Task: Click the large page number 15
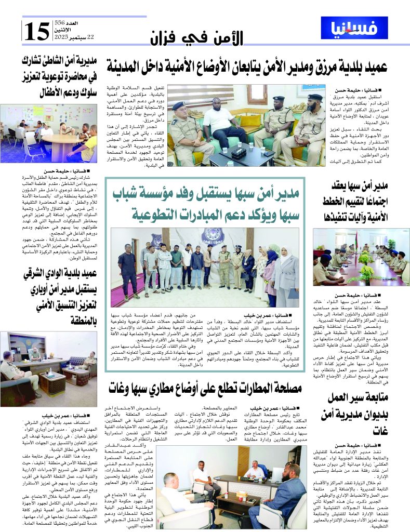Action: tap(37, 31)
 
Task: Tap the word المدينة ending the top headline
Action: tap(128, 65)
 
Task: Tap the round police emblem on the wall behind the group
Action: tap(214, 236)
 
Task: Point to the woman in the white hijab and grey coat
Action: tap(287, 273)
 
